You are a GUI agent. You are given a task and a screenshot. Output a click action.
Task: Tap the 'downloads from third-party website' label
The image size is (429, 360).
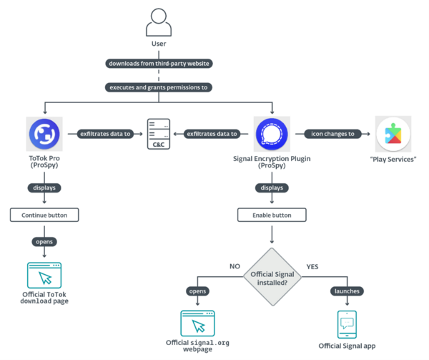click(159, 64)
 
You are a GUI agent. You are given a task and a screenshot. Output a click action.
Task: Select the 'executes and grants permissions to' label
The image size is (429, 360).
click(159, 87)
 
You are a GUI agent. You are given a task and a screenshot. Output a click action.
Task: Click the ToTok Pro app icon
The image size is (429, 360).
click(44, 134)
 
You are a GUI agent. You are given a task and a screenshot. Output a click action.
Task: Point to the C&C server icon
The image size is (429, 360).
click(159, 132)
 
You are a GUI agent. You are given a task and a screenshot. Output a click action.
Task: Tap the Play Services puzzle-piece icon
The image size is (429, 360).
click(393, 134)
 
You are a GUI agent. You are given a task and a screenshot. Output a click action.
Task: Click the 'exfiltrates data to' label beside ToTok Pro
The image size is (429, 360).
click(105, 134)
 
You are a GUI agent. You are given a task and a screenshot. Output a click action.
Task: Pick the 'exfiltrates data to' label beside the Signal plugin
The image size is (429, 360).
click(212, 134)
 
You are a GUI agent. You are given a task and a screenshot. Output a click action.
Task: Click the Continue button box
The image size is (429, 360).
click(44, 215)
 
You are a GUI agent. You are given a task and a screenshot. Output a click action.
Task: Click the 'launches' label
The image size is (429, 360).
click(347, 291)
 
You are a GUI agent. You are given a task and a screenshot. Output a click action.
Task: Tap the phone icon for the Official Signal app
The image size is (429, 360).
click(347, 323)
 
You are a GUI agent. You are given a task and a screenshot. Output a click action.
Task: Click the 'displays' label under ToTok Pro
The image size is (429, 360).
click(44, 188)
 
